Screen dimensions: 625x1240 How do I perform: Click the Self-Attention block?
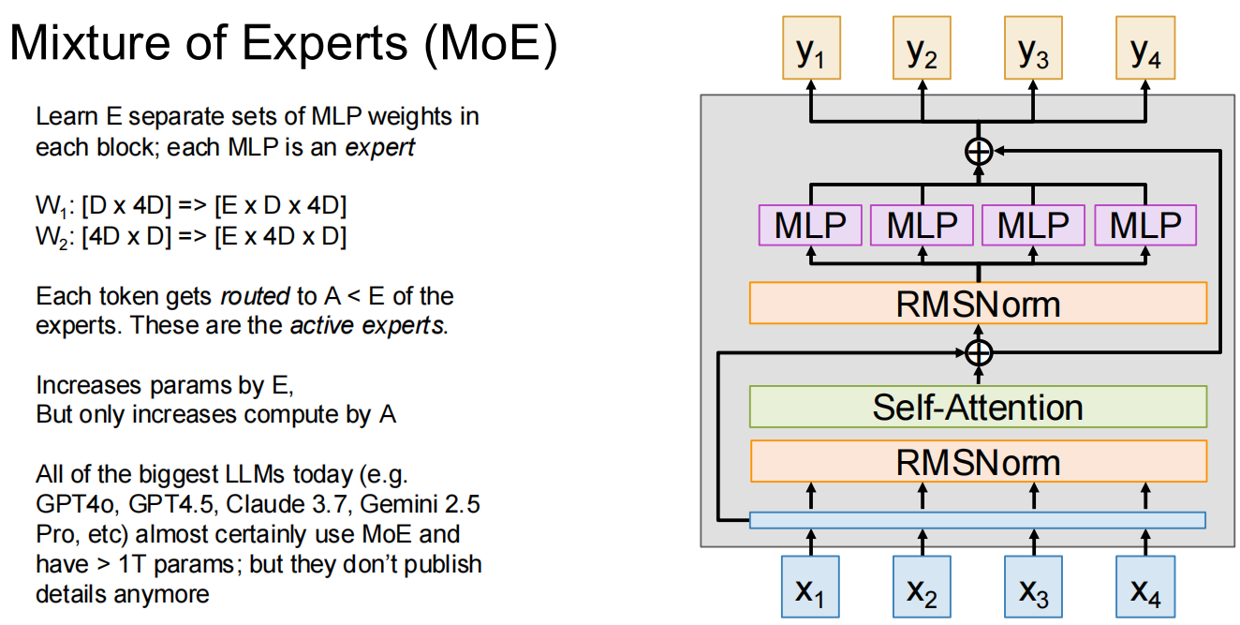click(x=978, y=407)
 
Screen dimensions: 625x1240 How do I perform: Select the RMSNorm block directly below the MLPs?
click(x=978, y=303)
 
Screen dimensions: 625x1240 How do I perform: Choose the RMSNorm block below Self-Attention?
click(x=978, y=461)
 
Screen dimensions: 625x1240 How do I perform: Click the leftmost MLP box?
click(x=811, y=226)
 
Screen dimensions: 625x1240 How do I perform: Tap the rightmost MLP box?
click(x=1144, y=226)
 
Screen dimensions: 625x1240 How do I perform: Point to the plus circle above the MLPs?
click(x=978, y=151)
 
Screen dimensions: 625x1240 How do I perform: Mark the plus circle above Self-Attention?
click(x=978, y=352)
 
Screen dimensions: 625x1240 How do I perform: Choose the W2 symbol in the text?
click(x=48, y=238)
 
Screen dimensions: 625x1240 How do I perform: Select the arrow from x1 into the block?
click(x=811, y=543)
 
